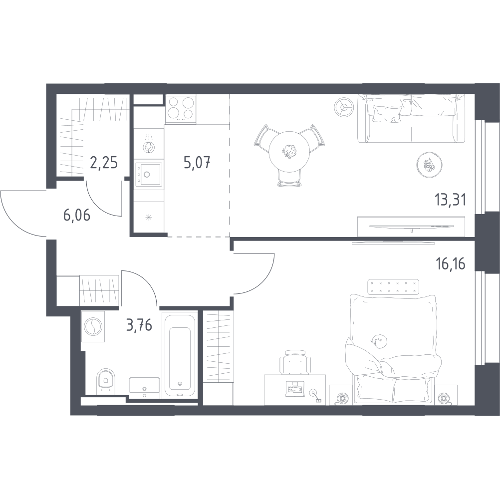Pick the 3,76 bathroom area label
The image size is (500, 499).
(x=138, y=327)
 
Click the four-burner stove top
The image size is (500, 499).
(x=180, y=108)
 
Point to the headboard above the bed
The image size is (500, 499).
(x=393, y=287)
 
